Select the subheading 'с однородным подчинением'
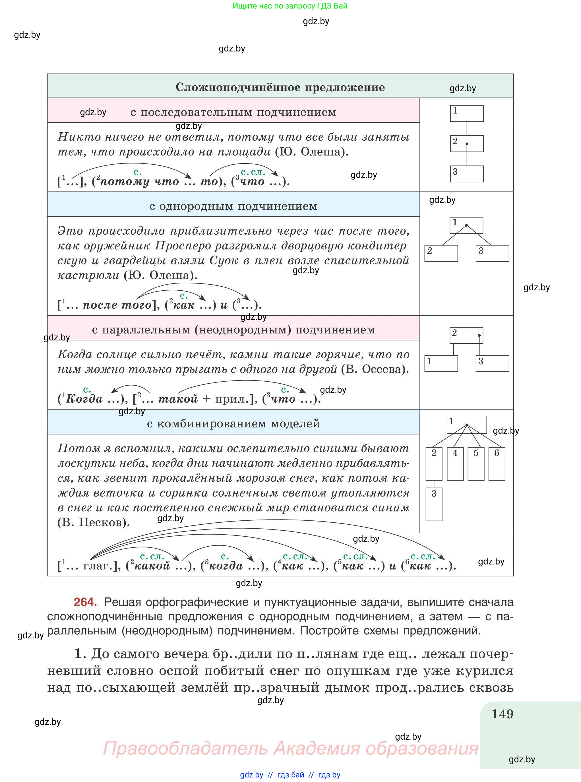point(233,206)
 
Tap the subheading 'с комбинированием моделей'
point(233,424)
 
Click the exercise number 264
point(85,602)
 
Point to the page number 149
point(502,714)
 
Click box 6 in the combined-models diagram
point(497,464)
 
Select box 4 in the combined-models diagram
point(455,464)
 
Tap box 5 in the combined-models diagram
point(476,464)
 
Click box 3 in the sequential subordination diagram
point(467,174)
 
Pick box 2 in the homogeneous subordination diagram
point(441,253)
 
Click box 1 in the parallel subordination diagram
point(441,363)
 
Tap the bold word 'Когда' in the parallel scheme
point(84,399)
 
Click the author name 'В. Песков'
point(93,522)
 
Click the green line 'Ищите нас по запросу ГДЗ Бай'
point(290,6)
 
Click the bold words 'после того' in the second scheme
point(117,305)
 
